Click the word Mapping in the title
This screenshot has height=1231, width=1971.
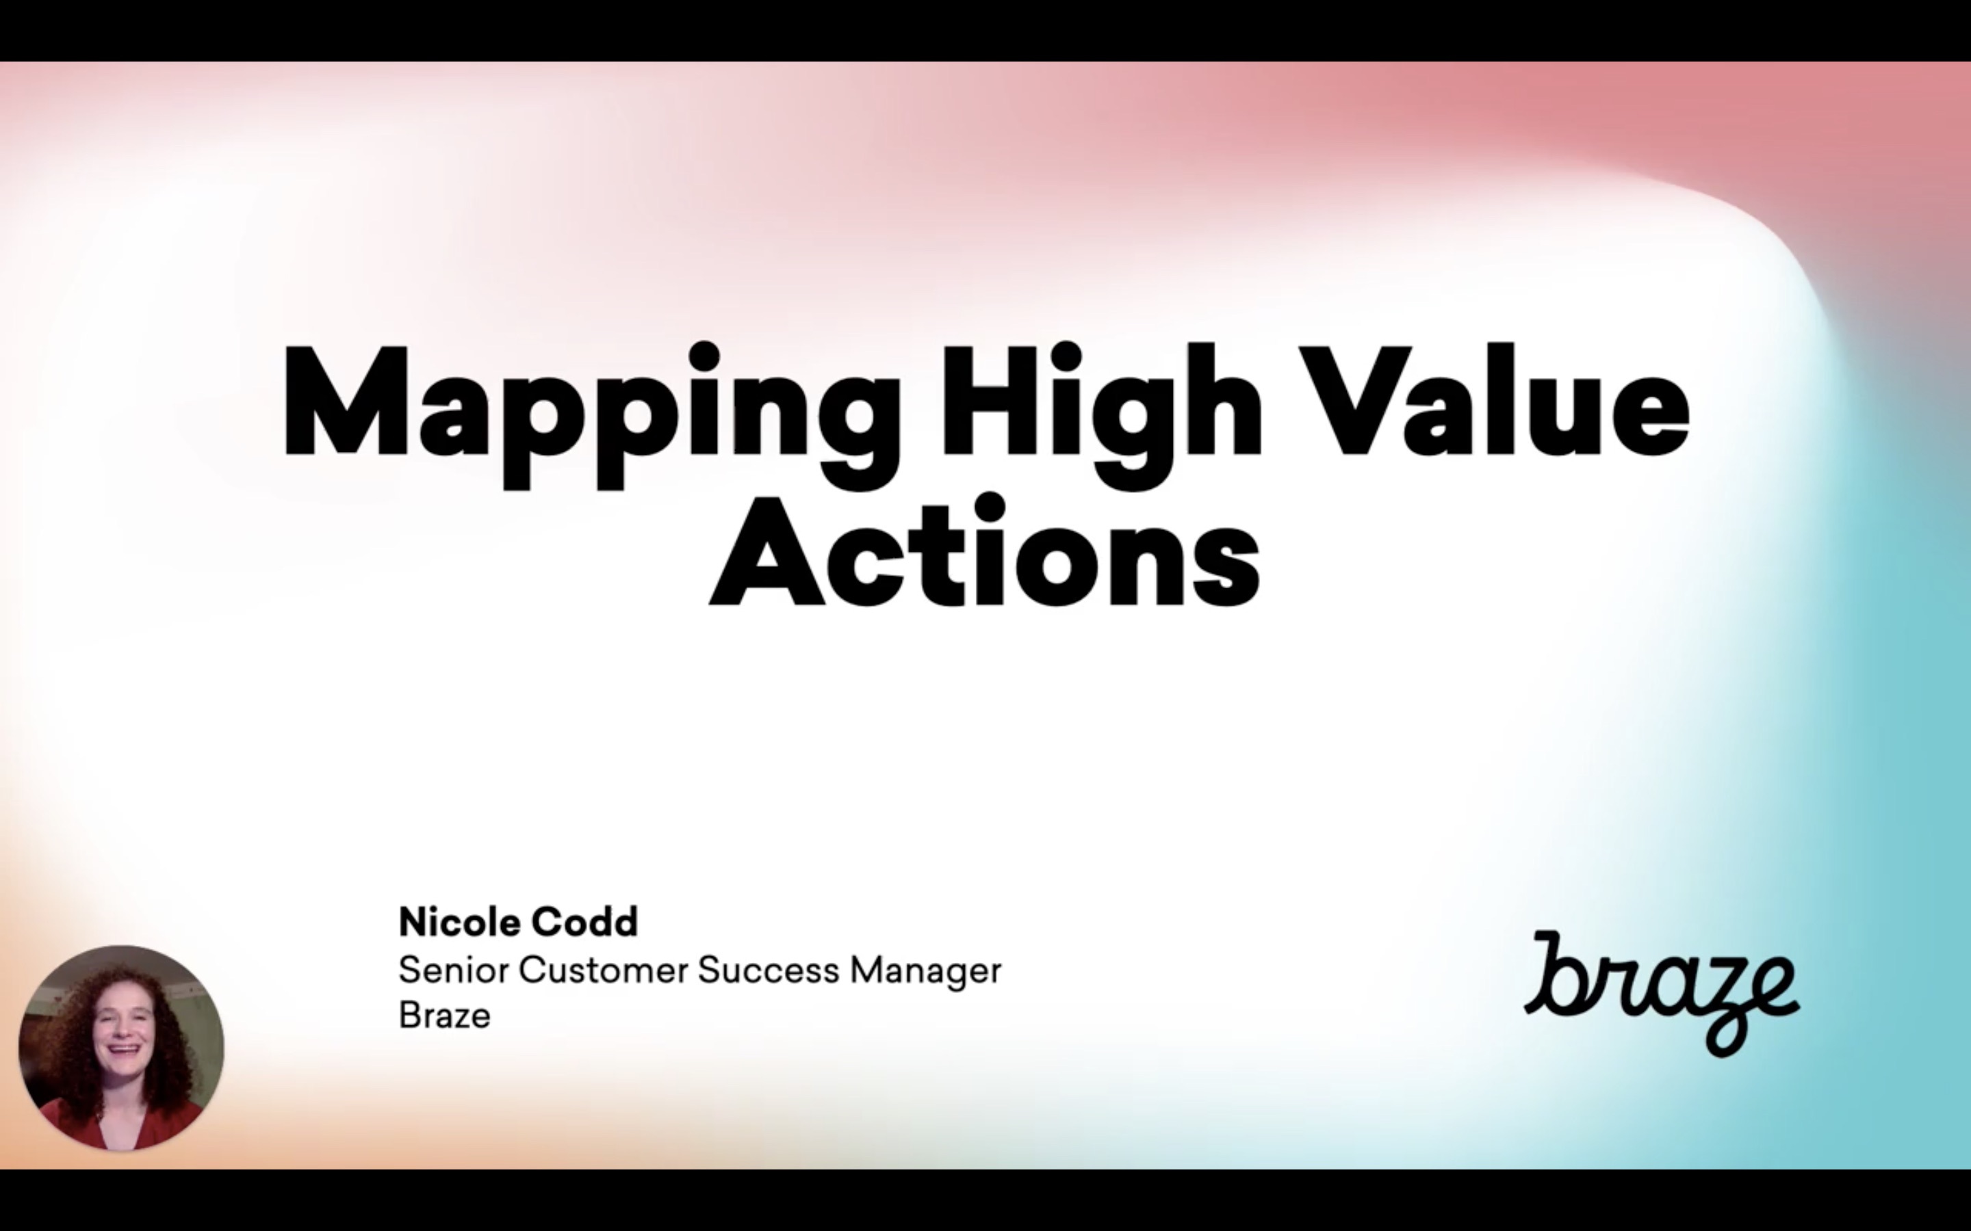coord(592,415)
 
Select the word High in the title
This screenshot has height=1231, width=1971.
coord(1101,415)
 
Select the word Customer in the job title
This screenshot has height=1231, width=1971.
coord(604,970)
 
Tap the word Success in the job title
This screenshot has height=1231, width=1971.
coord(768,970)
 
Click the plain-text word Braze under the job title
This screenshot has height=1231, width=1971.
coord(445,1016)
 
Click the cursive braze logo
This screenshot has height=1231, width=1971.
coord(1662,993)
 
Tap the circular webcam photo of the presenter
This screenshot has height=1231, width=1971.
coord(121,1048)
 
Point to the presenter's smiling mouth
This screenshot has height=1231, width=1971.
coord(123,1048)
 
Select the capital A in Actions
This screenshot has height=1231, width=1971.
coord(767,551)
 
